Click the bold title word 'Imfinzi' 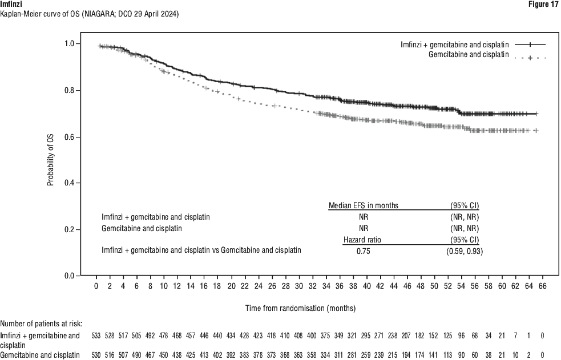pos(12,4)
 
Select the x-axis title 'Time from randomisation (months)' pos(301,308)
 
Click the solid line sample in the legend pos(530,45)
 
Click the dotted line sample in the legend pos(530,58)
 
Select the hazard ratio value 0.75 pos(364,250)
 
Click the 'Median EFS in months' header pos(364,205)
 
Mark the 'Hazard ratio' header pos(362,240)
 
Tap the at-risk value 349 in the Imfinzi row pos(340,335)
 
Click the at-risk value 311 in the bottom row pos(340,355)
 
